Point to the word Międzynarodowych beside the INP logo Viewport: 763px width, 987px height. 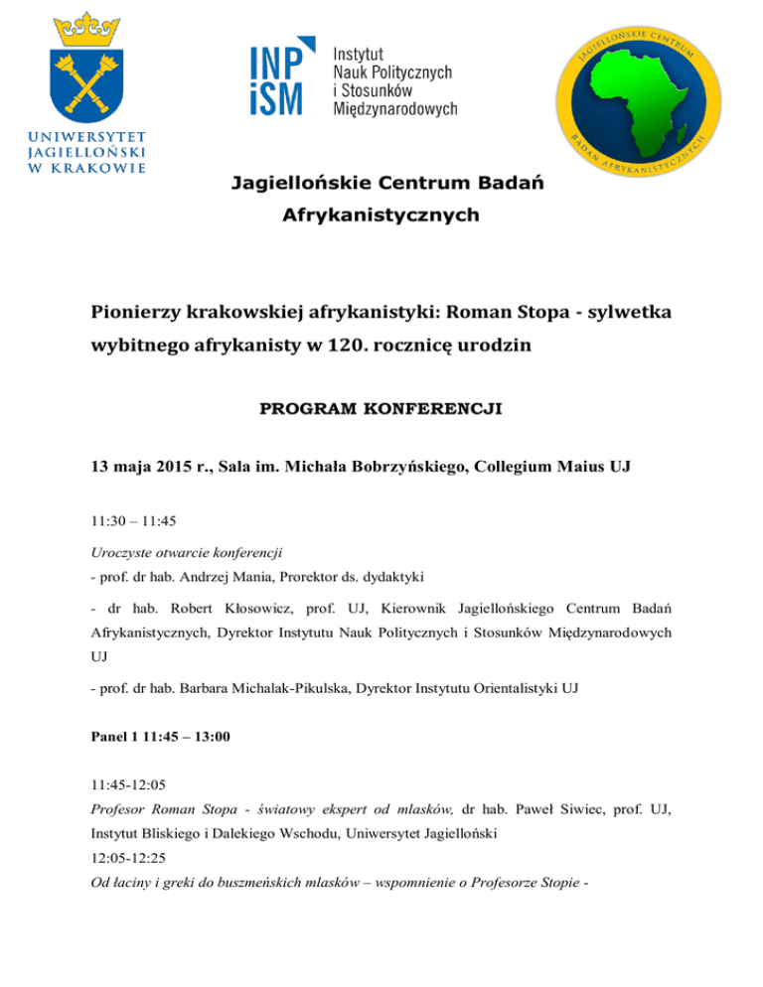pyautogui.click(x=394, y=107)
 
